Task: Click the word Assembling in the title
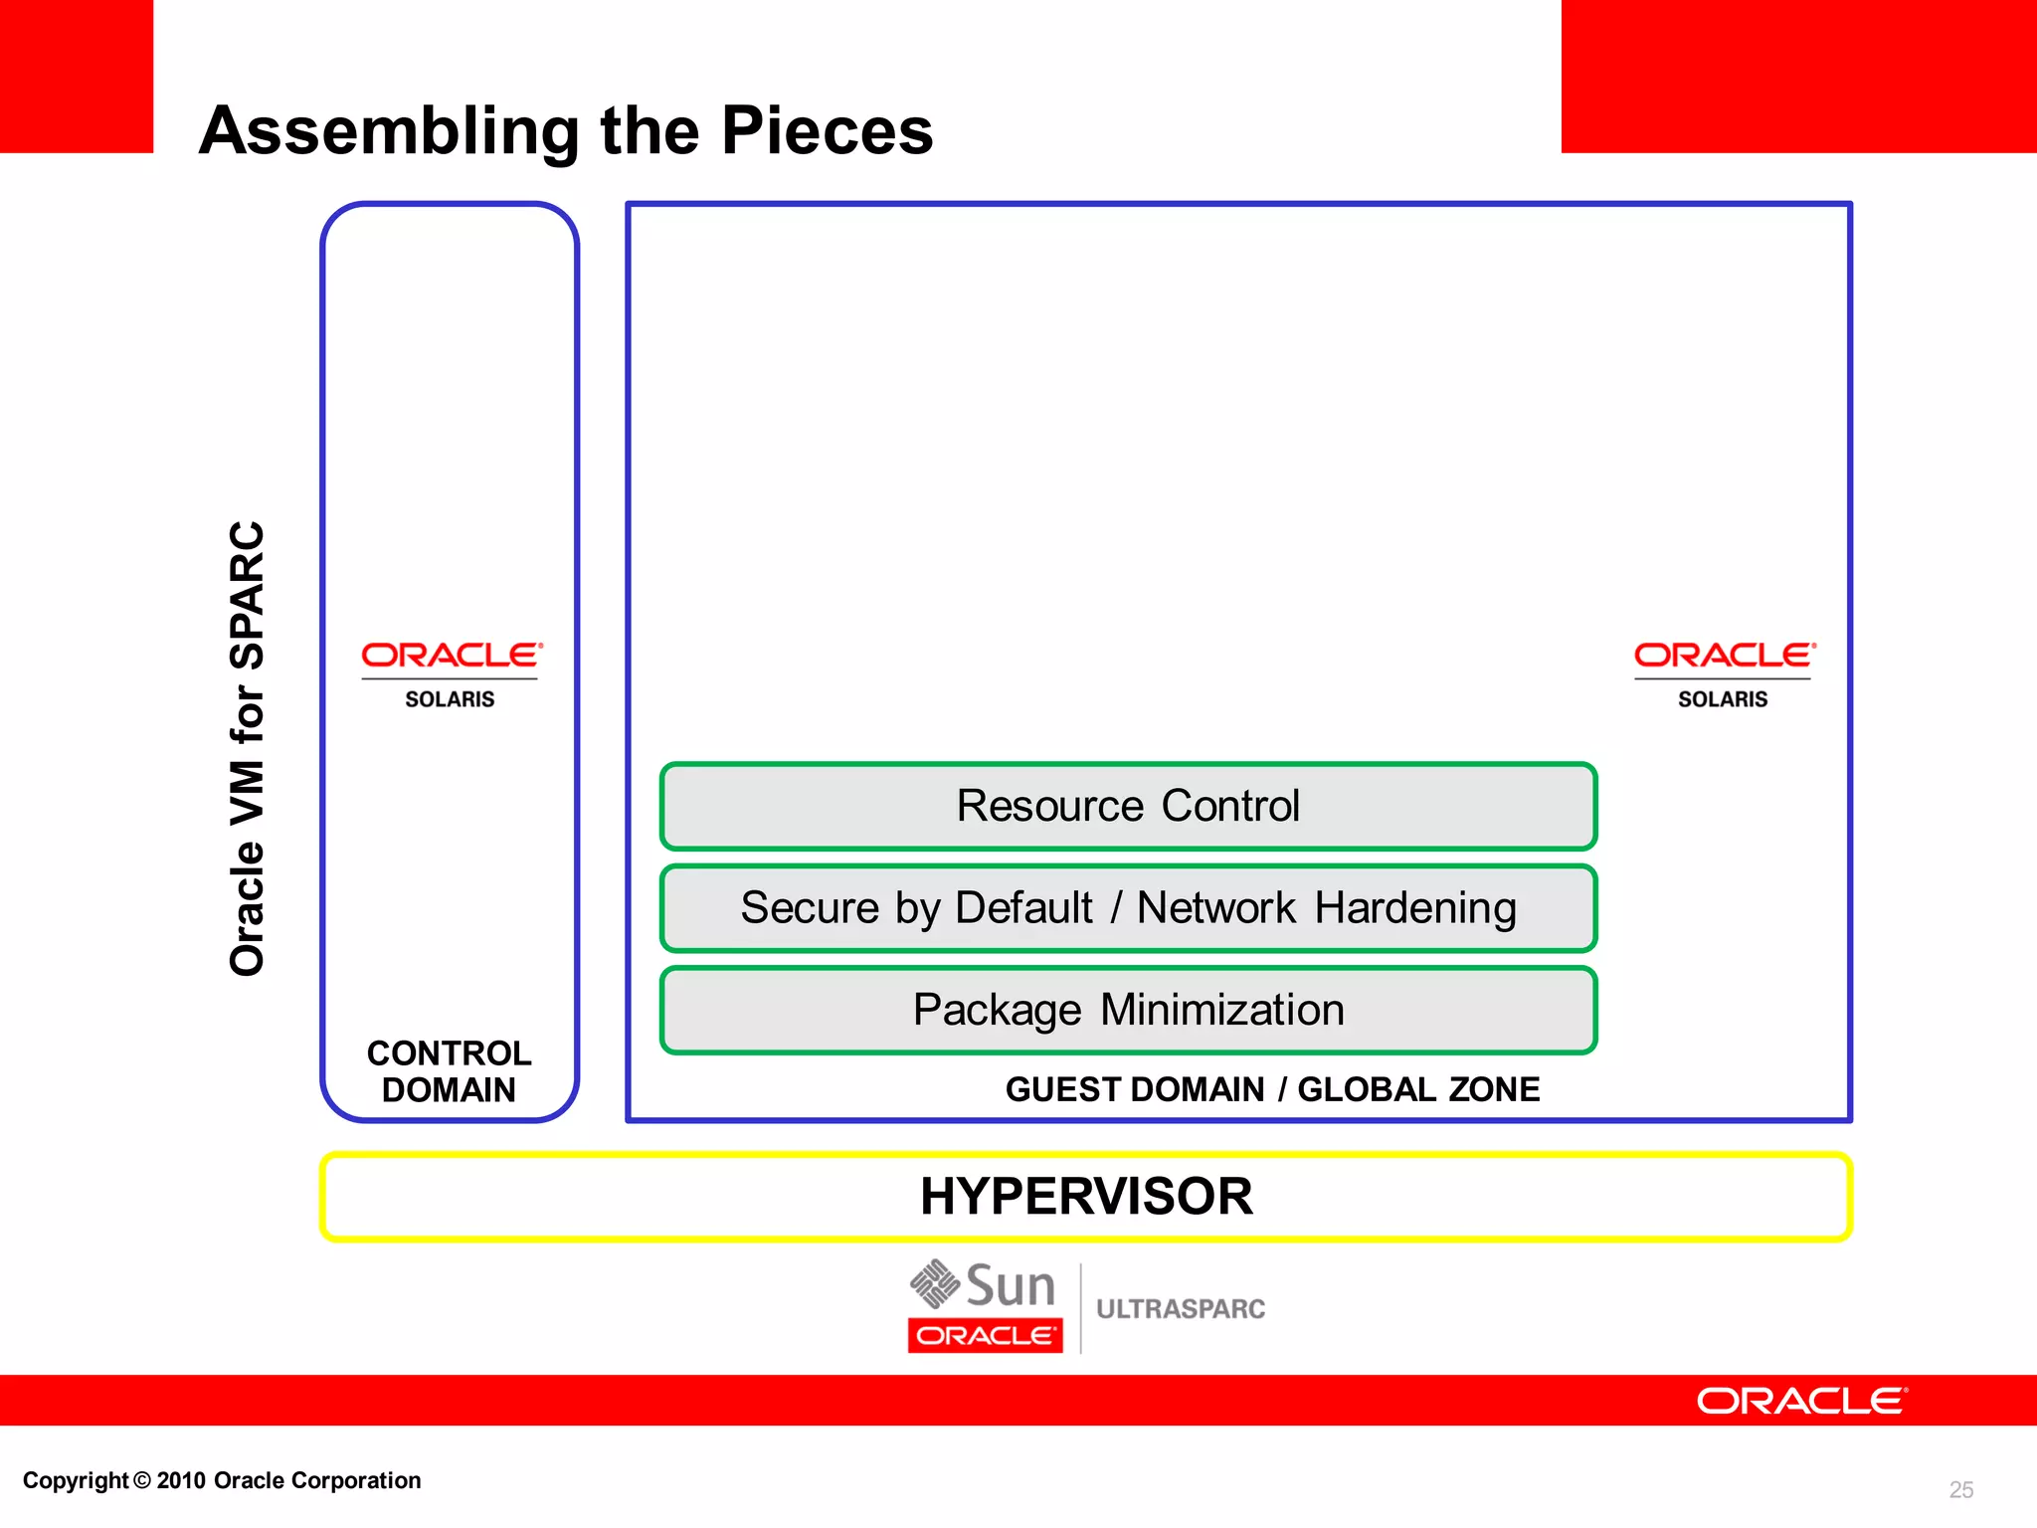389,131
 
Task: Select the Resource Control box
1128,806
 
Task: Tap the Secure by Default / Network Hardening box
1128,908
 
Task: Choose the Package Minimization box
1128,1011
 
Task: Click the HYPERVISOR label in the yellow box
1086,1196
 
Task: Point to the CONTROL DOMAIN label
449,1071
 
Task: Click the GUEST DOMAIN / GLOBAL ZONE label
1272,1089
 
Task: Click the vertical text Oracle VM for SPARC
247,748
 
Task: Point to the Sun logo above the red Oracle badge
983,1285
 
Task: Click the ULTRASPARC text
1181,1309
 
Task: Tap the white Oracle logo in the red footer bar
1800,1401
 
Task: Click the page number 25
1960,1489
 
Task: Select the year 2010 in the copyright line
181,1480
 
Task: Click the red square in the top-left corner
76,76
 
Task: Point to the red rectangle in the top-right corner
1798,76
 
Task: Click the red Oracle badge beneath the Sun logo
985,1335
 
